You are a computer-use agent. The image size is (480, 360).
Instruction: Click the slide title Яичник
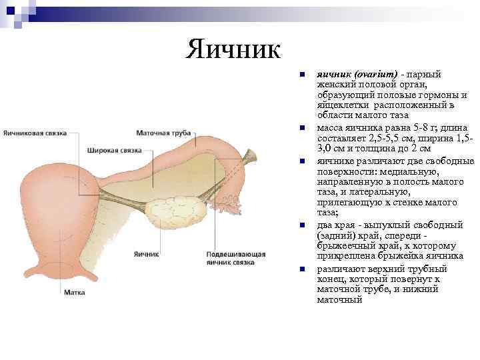pyautogui.click(x=234, y=48)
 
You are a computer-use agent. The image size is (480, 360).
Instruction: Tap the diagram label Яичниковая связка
pyautogui.click(x=35, y=133)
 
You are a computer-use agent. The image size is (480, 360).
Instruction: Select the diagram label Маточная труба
pyautogui.click(x=163, y=133)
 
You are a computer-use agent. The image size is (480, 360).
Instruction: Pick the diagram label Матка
pyautogui.click(x=74, y=292)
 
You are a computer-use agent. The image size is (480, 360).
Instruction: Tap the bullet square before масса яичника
pyautogui.click(x=301, y=127)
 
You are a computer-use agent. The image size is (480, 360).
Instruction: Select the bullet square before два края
pyautogui.click(x=301, y=225)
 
